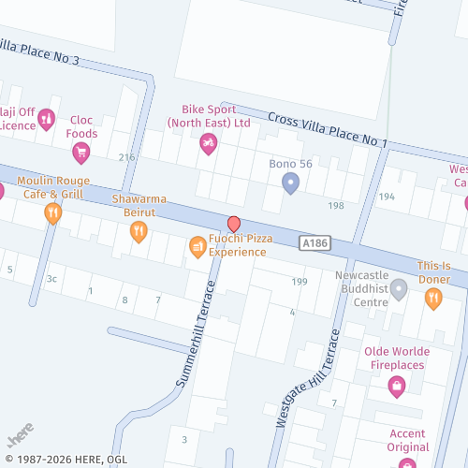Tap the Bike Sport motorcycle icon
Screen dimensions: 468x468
coord(209,144)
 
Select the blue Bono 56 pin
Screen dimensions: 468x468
coord(290,184)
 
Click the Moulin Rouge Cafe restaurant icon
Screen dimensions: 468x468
coord(53,213)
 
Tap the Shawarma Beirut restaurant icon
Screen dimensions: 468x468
coord(139,231)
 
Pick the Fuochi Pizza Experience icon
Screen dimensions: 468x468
coord(197,246)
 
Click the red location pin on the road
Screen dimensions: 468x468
coord(234,225)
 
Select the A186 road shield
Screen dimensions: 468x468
coord(314,242)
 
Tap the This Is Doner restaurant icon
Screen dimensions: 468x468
coord(433,299)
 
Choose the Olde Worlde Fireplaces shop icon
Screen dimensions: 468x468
coord(397,385)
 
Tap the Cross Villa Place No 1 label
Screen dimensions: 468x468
coord(328,130)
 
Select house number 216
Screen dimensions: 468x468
coord(126,157)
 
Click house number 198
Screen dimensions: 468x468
coord(336,205)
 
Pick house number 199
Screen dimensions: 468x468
coord(300,282)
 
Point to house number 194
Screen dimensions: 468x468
coord(387,197)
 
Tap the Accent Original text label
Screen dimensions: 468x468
coord(407,440)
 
